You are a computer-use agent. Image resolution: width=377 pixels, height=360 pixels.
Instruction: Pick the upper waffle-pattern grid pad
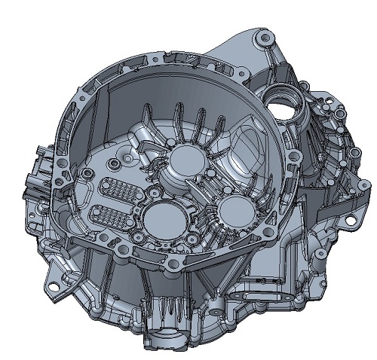tap(115, 190)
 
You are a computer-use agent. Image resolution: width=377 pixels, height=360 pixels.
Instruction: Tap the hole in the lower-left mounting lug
tap(53, 285)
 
